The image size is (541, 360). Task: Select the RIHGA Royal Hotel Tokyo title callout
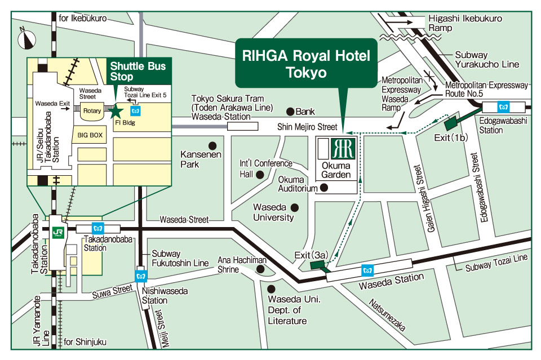click(306, 64)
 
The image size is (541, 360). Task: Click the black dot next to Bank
click(291, 111)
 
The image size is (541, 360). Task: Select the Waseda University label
click(273, 212)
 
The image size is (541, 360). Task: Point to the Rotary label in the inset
click(92, 111)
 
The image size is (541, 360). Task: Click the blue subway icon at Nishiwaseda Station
click(141, 275)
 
